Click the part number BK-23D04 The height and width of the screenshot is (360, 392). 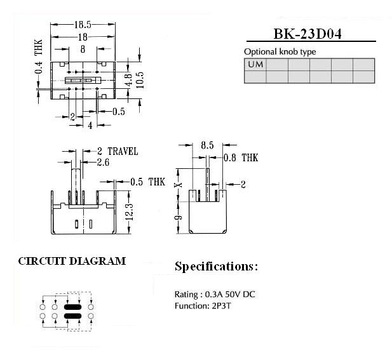click(308, 34)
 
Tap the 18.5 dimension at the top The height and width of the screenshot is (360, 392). click(83, 25)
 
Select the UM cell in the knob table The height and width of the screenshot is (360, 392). click(255, 65)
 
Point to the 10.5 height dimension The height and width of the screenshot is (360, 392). click(140, 80)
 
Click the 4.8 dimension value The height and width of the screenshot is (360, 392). click(128, 80)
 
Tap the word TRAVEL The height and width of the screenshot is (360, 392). click(123, 151)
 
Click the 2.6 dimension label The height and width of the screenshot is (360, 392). click(103, 163)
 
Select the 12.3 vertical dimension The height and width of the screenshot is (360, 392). click(130, 212)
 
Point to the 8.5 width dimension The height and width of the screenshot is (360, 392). click(207, 145)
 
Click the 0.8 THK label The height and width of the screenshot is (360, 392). click(241, 157)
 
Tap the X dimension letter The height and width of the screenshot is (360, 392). click(179, 185)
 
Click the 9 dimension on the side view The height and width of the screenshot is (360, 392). click(179, 217)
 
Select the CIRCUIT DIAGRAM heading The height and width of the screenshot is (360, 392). click(72, 261)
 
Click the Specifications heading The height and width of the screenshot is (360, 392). click(216, 267)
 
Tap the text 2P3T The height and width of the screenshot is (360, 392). click(221, 306)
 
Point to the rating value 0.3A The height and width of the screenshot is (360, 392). click(213, 295)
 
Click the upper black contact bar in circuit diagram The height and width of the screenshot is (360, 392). click(73, 307)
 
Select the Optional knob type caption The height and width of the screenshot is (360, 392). click(280, 52)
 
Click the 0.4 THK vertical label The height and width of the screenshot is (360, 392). click(39, 57)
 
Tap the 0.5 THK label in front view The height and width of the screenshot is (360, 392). click(148, 182)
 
